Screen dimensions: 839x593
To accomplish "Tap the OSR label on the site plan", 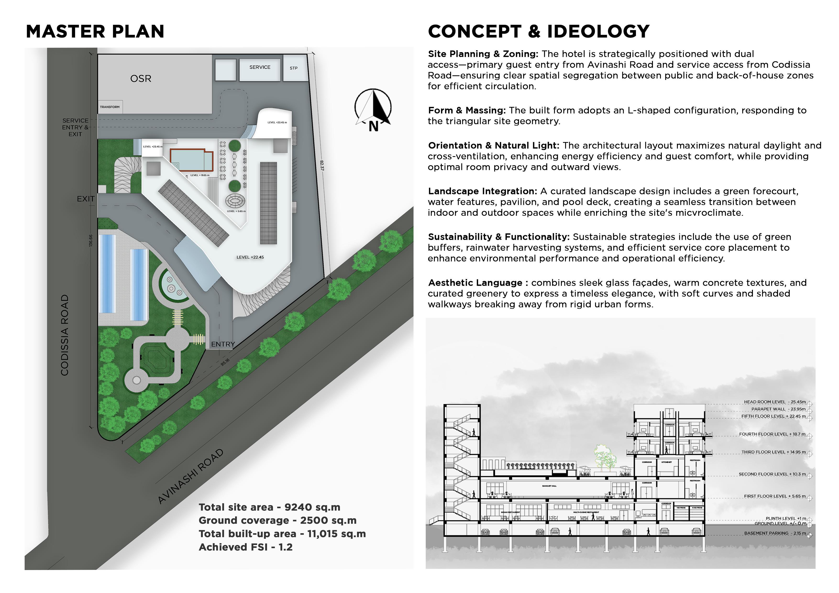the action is click(x=141, y=79).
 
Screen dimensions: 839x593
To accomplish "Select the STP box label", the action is click(x=293, y=68).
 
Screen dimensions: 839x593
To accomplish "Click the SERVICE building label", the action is click(x=260, y=67).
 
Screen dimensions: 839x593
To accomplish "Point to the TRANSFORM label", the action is click(x=110, y=107).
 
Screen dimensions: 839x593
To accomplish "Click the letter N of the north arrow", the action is click(x=373, y=126).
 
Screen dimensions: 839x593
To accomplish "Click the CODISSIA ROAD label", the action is click(x=65, y=335).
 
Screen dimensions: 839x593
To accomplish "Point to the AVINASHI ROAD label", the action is click(x=190, y=476).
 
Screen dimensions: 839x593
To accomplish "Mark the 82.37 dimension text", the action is click(x=322, y=165).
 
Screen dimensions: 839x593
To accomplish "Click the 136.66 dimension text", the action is click(x=91, y=240).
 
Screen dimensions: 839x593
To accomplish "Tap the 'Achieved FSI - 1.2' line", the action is click(x=246, y=547).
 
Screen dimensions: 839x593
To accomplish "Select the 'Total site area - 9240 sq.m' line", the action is click(x=269, y=507).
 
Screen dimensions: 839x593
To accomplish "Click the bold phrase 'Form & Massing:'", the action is click(x=467, y=110).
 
